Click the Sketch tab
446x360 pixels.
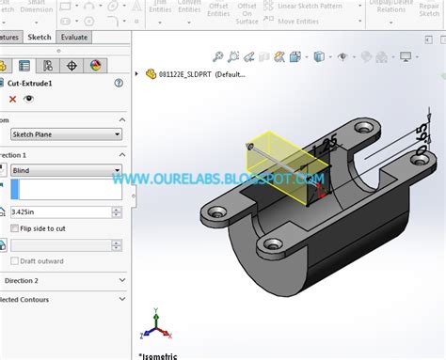point(39,38)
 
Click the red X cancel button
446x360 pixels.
point(12,99)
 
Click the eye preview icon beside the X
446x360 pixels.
point(29,99)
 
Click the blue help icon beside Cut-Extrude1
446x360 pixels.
point(119,83)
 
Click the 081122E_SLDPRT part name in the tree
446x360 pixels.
point(184,74)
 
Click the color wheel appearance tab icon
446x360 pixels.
point(95,65)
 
